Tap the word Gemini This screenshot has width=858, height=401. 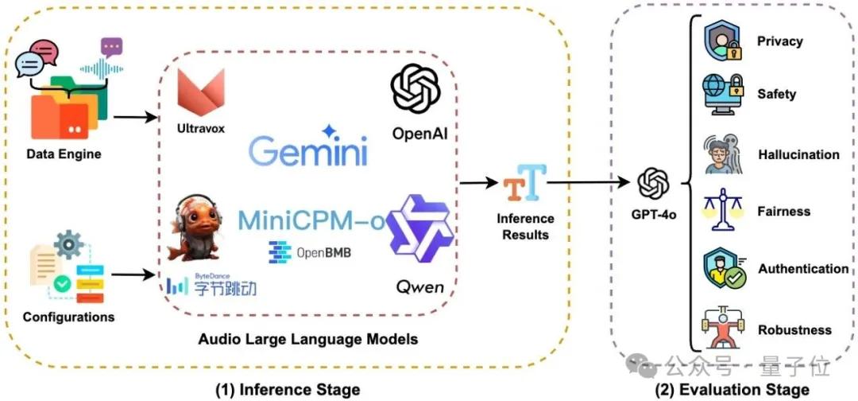tap(307, 150)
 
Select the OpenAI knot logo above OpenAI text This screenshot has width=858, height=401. tap(415, 90)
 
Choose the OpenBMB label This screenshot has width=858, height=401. tap(310, 252)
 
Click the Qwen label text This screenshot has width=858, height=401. tap(419, 286)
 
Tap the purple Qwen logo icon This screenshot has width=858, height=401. tap(418, 229)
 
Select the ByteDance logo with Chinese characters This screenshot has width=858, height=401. tap(211, 285)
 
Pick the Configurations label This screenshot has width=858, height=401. tap(68, 317)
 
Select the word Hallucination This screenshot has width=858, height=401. tap(798, 154)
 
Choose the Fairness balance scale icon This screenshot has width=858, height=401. tap(721, 212)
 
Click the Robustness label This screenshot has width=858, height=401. tap(794, 329)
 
